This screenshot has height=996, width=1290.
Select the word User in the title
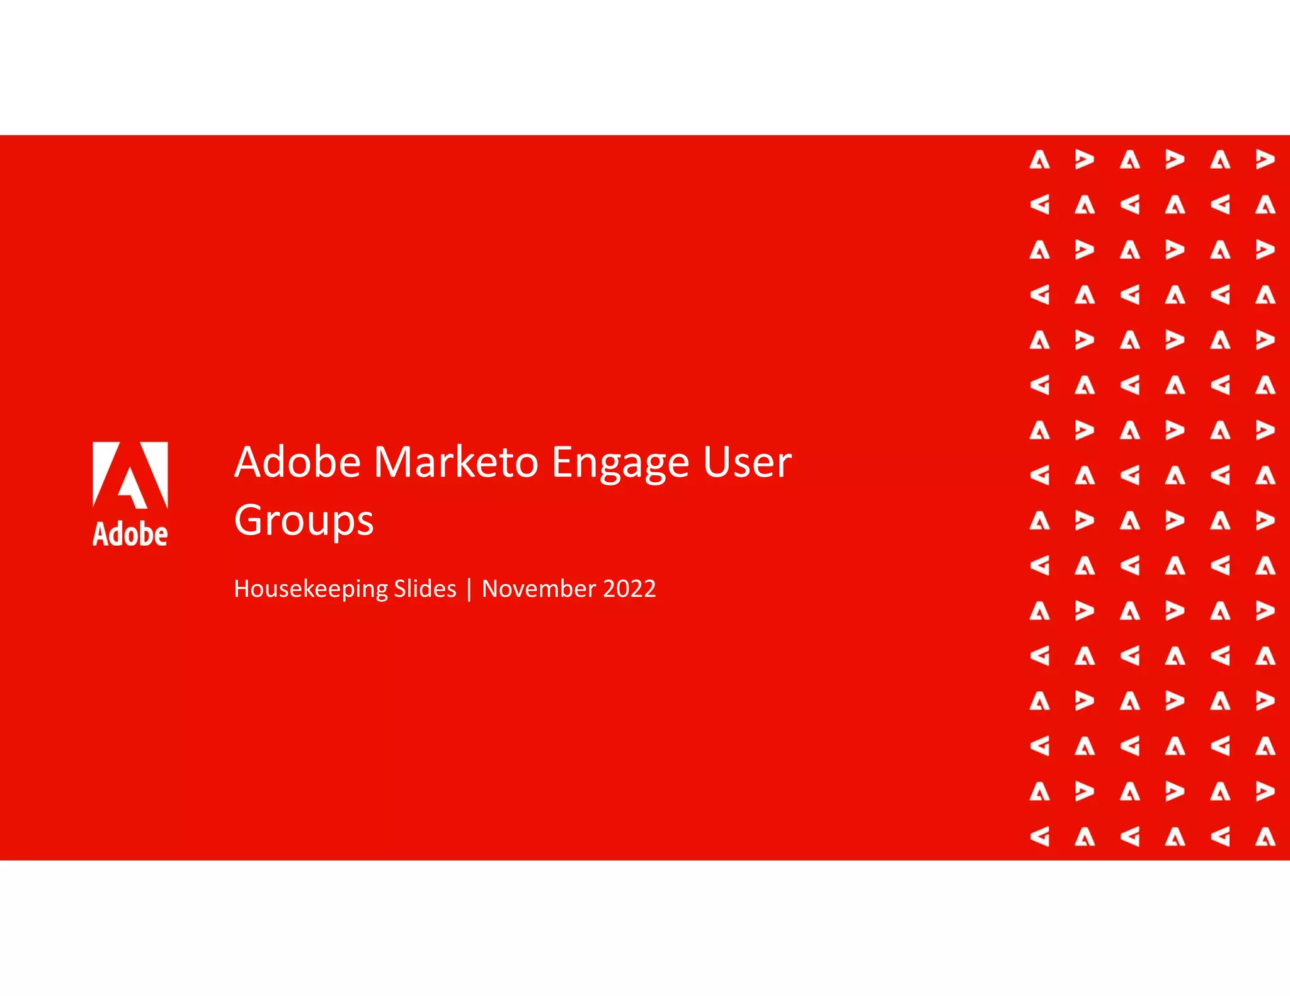[x=747, y=463]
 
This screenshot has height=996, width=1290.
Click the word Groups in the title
[x=304, y=521]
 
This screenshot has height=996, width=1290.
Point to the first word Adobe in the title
[x=297, y=463]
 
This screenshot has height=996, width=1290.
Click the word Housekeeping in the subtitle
[x=311, y=589]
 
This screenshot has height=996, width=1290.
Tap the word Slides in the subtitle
[x=425, y=589]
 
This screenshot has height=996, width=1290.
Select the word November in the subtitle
[x=539, y=589]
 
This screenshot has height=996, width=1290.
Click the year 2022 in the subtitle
[x=629, y=589]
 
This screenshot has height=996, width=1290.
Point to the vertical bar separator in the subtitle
[x=469, y=589]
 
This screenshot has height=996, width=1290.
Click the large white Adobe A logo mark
[x=130, y=475]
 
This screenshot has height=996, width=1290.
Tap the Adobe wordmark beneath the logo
[x=130, y=534]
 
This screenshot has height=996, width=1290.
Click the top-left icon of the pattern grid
[x=1039, y=160]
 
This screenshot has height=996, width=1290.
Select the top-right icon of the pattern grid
[x=1265, y=160]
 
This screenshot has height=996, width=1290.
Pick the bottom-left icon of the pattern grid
[x=1039, y=837]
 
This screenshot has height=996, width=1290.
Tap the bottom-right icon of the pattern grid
[x=1265, y=837]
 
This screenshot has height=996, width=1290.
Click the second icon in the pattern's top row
[x=1084, y=160]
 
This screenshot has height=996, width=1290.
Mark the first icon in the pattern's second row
[x=1039, y=205]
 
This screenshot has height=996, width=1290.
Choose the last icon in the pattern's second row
[x=1265, y=205]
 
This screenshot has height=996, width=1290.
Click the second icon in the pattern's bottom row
[x=1084, y=837]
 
